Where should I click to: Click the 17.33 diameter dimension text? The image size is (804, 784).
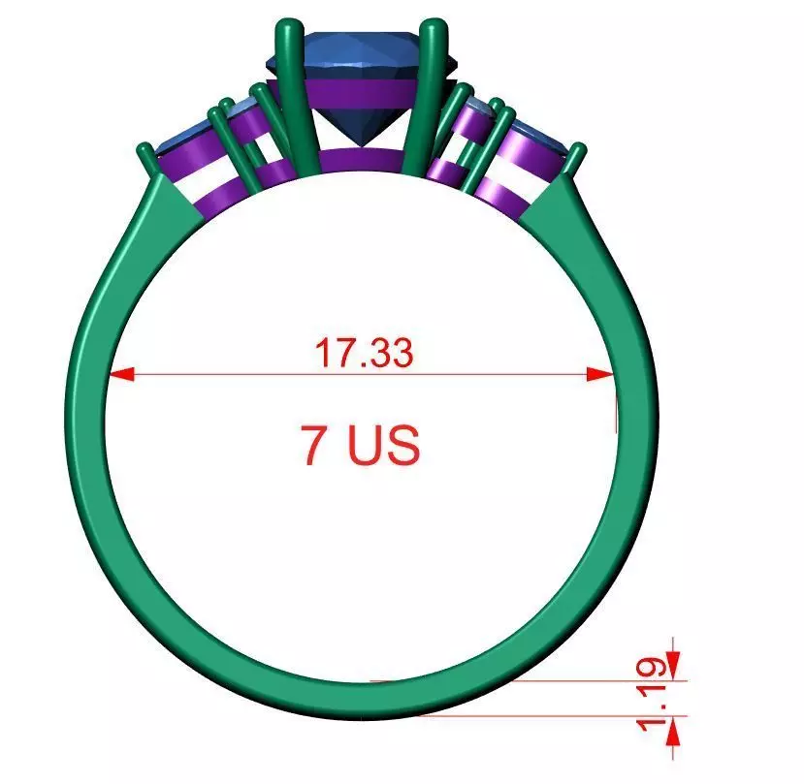(x=364, y=353)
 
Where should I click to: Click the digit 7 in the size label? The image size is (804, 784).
(x=316, y=446)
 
